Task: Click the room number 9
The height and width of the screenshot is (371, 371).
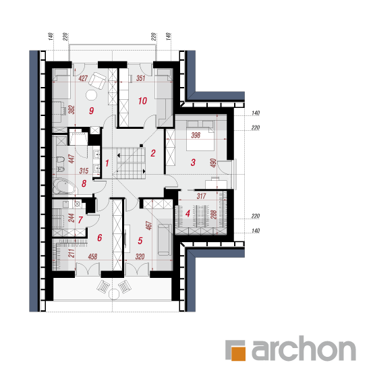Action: pyautogui.click(x=91, y=111)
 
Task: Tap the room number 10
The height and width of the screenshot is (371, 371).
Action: pyautogui.click(x=142, y=101)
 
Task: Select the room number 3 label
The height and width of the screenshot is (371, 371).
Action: pyautogui.click(x=193, y=163)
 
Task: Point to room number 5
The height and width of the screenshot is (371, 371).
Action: pyautogui.click(x=140, y=241)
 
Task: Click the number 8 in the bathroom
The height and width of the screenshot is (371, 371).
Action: pyautogui.click(x=84, y=183)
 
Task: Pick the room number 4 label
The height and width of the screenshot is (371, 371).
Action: pyautogui.click(x=188, y=214)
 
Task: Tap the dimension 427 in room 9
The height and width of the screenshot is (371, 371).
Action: pyautogui.click(x=83, y=78)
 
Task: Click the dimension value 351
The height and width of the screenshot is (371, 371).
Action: pyautogui.click(x=140, y=78)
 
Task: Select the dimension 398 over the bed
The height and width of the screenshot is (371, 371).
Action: pyautogui.click(x=196, y=135)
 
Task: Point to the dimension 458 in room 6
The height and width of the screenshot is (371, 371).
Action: pyautogui.click(x=92, y=256)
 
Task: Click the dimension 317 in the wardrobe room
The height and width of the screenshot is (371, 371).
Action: pyautogui.click(x=202, y=196)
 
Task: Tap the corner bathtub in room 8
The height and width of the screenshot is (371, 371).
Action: pyautogui.click(x=64, y=186)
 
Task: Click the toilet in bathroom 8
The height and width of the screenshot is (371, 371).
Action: pyautogui.click(x=61, y=159)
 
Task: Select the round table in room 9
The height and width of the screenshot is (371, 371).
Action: pyautogui.click(x=91, y=95)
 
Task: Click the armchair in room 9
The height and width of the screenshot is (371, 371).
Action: pyautogui.click(x=97, y=80)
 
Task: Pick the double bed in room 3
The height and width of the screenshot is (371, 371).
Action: pyautogui.click(x=200, y=136)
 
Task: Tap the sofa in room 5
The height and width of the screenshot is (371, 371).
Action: pyautogui.click(x=165, y=240)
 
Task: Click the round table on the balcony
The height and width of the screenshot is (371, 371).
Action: pyautogui.click(x=114, y=294)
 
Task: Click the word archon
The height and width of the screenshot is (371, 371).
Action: pyautogui.click(x=304, y=348)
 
